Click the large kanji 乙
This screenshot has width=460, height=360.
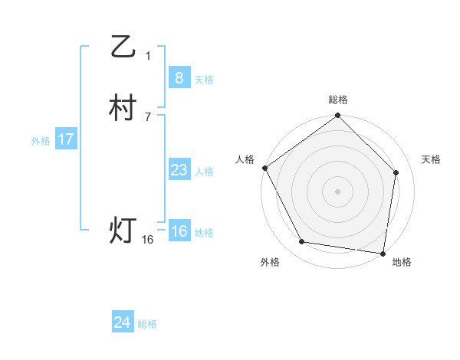coord(123,47)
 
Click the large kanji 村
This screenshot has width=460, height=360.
coord(123,108)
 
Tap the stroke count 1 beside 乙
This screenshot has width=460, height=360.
coord(148,56)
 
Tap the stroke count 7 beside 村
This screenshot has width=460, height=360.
coord(148,116)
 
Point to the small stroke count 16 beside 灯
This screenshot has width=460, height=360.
coord(148,240)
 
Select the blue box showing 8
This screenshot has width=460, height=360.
coord(179,77)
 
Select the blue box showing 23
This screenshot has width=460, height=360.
coord(179,170)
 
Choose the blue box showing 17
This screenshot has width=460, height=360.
coord(65,139)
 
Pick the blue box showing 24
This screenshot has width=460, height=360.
coord(122,322)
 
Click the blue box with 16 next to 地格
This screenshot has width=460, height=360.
coord(179,231)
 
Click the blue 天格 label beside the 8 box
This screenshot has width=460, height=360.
coord(204,80)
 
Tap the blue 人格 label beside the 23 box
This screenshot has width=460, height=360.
coord(204,172)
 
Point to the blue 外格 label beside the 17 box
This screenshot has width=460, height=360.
coord(41,141)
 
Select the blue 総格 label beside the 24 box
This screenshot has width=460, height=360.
coord(147,324)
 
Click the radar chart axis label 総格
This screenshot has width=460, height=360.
coord(338,100)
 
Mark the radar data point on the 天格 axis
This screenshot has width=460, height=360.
coord(396,172)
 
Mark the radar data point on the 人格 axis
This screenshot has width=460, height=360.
coord(264,168)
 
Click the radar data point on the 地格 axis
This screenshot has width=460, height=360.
coord(383,253)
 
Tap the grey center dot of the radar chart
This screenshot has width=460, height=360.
coord(338,191)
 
